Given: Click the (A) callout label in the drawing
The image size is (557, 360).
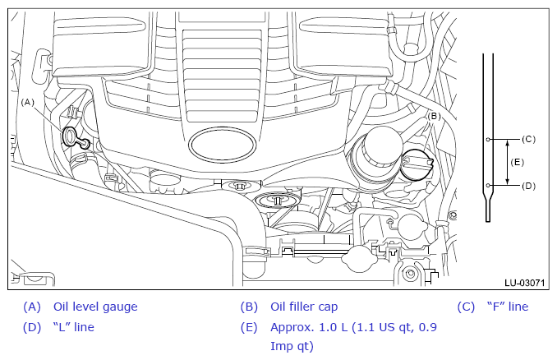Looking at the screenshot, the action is [x=28, y=103].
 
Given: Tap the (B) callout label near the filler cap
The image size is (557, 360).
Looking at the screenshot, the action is [x=434, y=116].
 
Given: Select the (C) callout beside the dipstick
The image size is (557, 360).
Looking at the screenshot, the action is [x=528, y=139].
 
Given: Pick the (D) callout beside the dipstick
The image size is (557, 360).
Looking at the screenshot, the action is [x=528, y=186].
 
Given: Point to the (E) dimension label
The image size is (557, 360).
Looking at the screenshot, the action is [x=517, y=163].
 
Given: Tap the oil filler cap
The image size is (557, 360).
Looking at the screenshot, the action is [x=417, y=164].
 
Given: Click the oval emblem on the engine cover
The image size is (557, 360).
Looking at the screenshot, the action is [x=223, y=145].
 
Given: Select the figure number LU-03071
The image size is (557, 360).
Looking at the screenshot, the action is [x=524, y=283].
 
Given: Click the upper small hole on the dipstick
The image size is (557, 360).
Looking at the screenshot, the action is [x=488, y=139].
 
